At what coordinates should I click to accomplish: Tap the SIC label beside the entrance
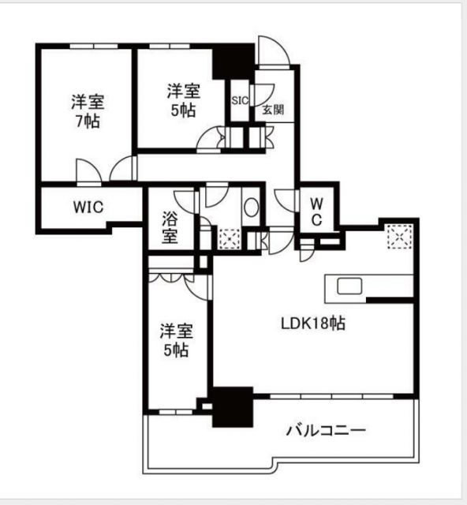tap(240, 100)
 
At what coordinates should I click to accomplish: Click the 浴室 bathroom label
tap(170, 224)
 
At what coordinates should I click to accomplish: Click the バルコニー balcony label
tap(325, 431)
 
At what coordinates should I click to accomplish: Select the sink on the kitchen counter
tap(349, 286)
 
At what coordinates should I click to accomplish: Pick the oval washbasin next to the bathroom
tap(251, 208)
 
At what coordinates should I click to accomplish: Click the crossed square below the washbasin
tap(230, 238)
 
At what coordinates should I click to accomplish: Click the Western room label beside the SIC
tap(182, 99)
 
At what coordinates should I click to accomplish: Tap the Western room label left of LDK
tap(174, 339)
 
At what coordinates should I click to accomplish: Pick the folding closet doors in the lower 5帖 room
tap(171, 279)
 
